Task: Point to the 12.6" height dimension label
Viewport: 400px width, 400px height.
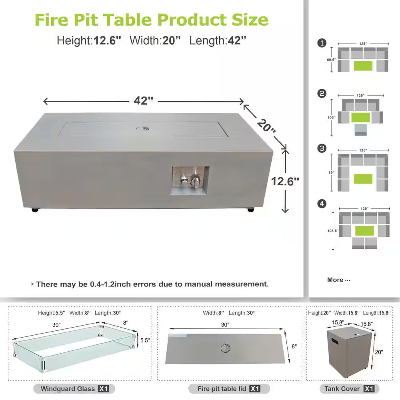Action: (285, 181)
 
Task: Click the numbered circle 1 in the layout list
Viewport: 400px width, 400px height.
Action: (322, 43)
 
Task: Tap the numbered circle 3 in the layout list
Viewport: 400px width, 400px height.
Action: (322, 148)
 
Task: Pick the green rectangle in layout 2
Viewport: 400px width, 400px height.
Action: (360, 117)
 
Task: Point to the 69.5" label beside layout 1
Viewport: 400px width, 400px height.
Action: (332, 60)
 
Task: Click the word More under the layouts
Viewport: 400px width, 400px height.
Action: (335, 280)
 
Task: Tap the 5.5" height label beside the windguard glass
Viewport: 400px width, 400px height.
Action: (144, 341)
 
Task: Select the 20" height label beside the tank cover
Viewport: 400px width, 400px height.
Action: (379, 352)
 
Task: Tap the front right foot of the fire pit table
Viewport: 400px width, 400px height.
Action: (251, 209)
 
